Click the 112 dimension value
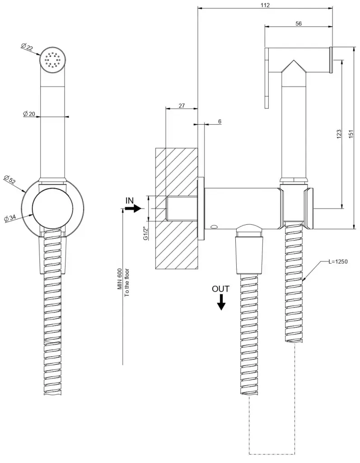coord(265,5)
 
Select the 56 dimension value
coord(299,24)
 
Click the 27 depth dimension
coord(182,105)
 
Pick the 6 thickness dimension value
coord(220,122)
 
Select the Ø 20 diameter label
coord(30,114)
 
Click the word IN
coord(130,200)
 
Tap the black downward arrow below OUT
coord(221,302)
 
